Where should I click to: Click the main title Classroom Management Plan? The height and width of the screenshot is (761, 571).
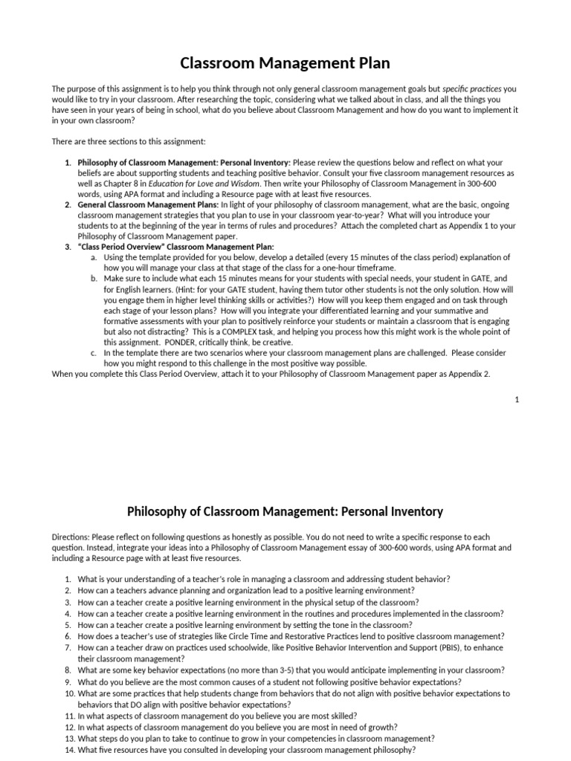coord(285,63)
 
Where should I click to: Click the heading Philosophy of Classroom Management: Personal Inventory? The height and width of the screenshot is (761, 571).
coord(285,511)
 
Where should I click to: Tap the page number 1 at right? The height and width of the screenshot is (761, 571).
coord(517,400)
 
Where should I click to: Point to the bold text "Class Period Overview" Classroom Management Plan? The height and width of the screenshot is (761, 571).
coord(175,246)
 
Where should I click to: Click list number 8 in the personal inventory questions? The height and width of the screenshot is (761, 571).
coord(68,670)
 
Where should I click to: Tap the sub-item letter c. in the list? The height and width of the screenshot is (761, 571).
coord(94,353)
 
